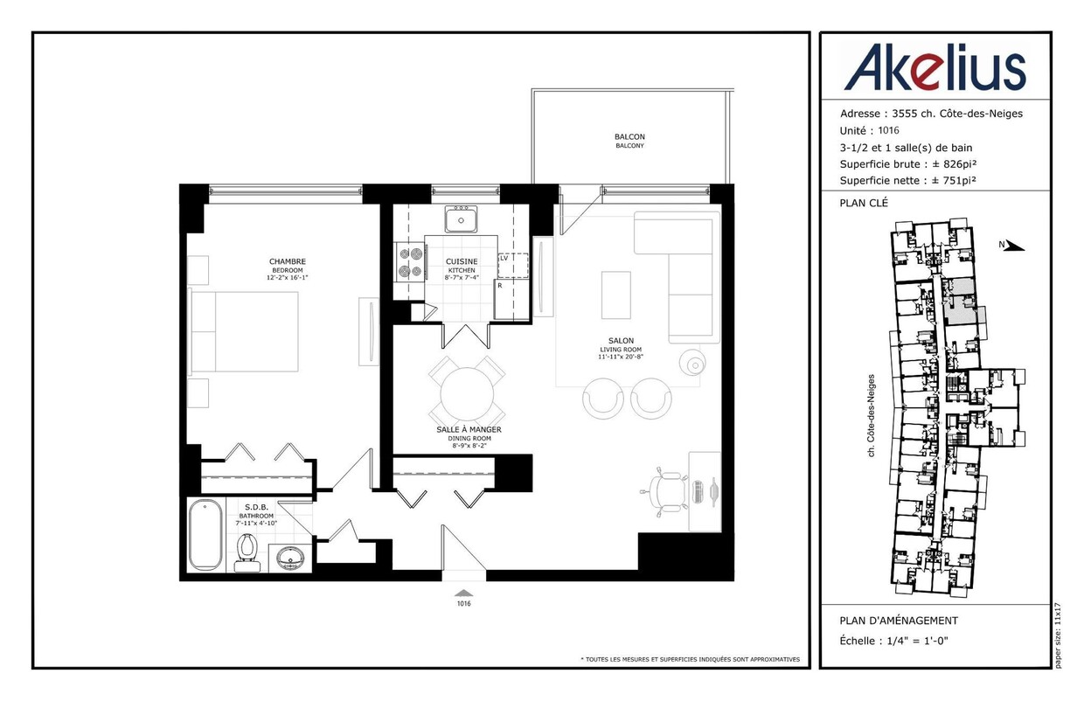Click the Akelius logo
tap(935, 67)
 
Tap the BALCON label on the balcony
tap(629, 137)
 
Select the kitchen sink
tap(462, 219)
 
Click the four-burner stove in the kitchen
tap(411, 262)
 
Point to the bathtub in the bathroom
tap(205, 535)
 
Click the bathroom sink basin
tap(290, 559)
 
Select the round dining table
tap(467, 394)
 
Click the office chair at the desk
tap(664, 493)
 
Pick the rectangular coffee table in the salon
tap(616, 295)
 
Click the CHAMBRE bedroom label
tap(288, 261)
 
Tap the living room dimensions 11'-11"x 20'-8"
tap(621, 357)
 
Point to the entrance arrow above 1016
tap(464, 593)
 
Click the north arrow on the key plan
tap(1013, 246)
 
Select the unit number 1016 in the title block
tap(888, 130)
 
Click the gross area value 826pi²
tap(960, 164)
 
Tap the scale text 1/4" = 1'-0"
tap(918, 641)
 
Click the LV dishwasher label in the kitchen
tap(504, 258)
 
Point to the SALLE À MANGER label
tap(469, 429)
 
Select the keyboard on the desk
tap(698, 491)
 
